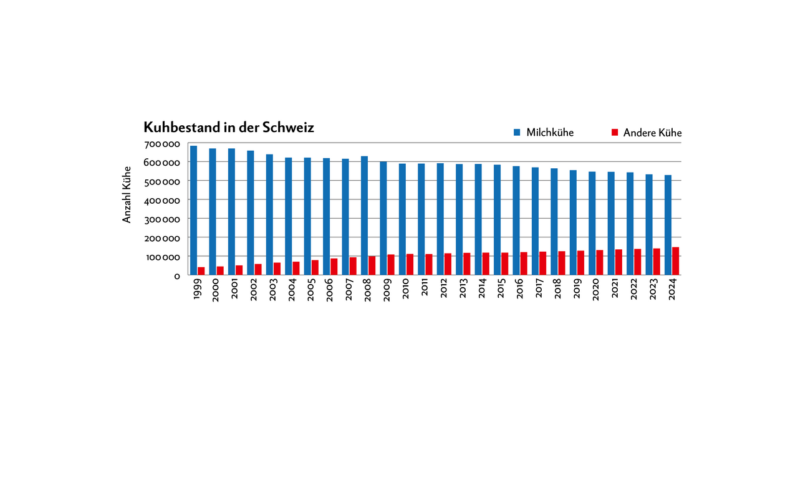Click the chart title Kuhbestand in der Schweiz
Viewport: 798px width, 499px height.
click(x=229, y=128)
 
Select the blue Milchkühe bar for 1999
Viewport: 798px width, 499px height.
click(x=193, y=211)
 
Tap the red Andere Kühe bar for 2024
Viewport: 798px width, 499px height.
click(x=675, y=261)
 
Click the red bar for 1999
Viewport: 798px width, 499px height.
click(x=201, y=271)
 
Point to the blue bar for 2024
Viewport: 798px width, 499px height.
click(x=668, y=225)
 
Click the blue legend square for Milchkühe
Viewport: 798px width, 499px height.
click(x=517, y=133)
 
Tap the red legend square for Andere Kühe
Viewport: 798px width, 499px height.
click(x=614, y=133)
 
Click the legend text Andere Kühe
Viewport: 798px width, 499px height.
click(x=652, y=133)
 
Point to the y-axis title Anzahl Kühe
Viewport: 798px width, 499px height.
click(x=127, y=194)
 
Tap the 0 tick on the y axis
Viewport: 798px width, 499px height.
click(x=177, y=275)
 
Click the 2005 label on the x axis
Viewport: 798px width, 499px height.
click(x=311, y=290)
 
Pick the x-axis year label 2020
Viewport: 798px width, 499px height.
click(x=595, y=290)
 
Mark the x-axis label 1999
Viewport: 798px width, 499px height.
click(x=197, y=290)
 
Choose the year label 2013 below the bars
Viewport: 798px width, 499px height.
click(x=463, y=290)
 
